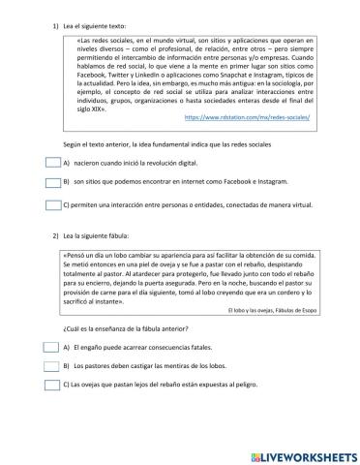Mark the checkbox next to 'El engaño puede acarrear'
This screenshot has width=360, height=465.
52,347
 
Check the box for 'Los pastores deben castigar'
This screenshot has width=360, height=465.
52,365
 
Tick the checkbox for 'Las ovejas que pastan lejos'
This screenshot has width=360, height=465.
52,384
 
